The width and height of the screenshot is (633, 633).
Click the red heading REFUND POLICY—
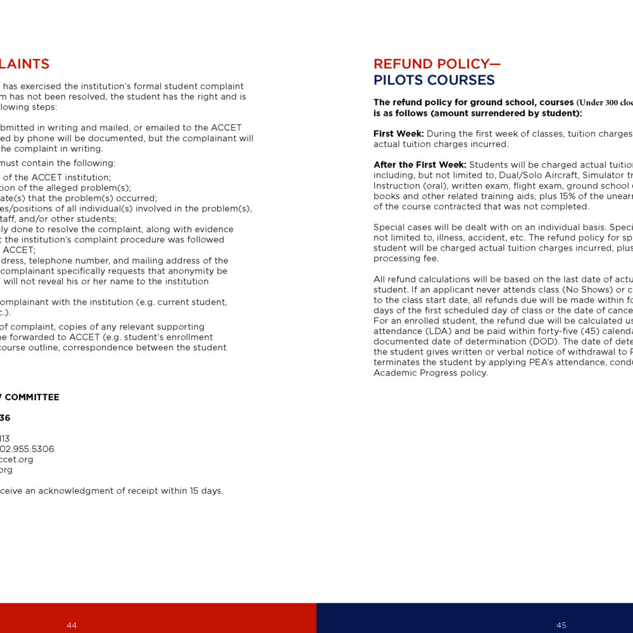[x=437, y=64]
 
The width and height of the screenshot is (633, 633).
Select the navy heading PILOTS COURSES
[x=434, y=80]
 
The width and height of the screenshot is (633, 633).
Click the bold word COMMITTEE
[x=32, y=398]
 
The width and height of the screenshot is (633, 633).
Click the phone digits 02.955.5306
[x=27, y=449]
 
